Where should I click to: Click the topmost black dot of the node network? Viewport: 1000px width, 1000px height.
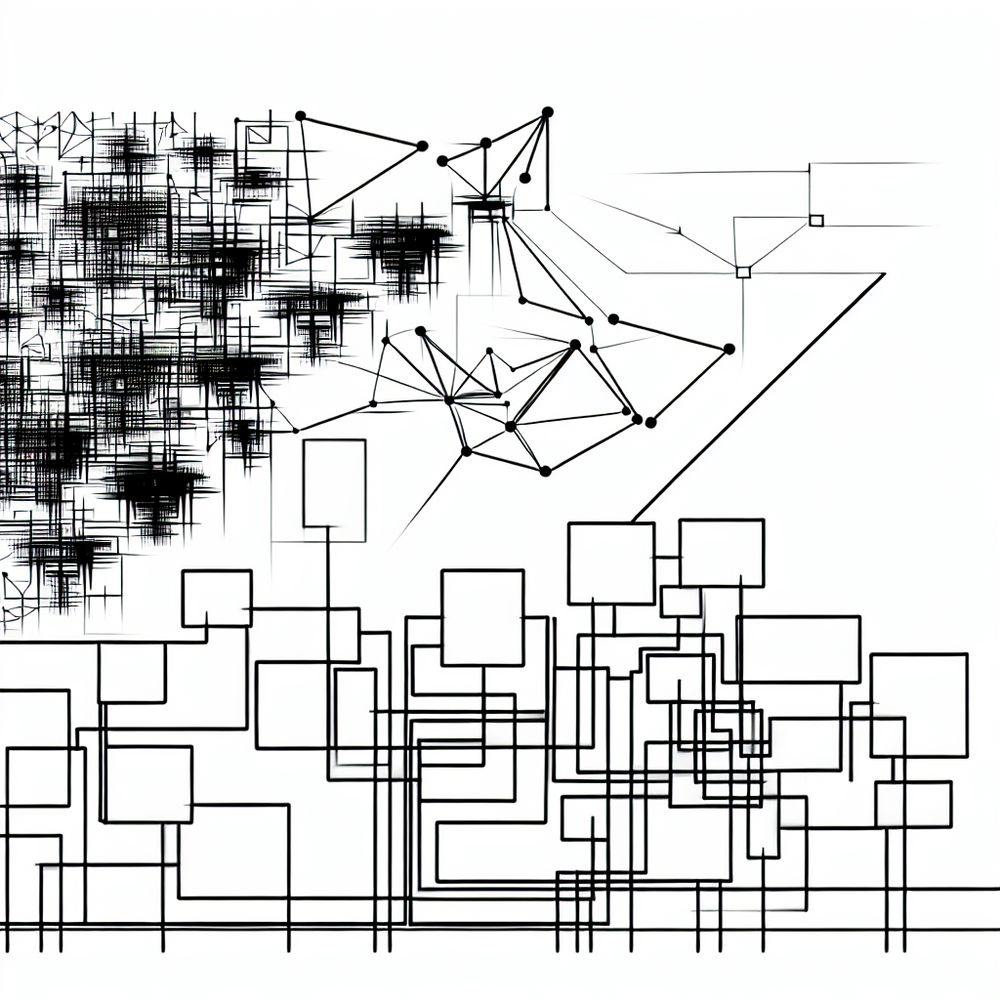point(547,111)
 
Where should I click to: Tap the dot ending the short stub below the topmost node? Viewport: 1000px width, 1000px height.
point(524,178)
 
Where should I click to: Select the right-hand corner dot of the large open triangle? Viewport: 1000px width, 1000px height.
point(422,146)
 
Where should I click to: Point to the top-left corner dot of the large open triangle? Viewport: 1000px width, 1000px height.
point(300,116)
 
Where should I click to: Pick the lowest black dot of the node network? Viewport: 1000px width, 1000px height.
point(545,472)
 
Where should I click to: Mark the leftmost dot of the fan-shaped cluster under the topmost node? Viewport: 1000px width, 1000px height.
point(442,160)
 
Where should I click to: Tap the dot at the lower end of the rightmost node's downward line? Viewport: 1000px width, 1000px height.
point(650,422)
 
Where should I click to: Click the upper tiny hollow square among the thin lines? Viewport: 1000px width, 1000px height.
point(816,220)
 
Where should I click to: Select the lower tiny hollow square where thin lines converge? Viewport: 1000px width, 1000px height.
point(743,271)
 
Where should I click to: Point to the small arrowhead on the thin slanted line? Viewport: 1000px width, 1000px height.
point(676,231)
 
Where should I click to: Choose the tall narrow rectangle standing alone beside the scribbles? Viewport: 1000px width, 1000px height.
point(334,484)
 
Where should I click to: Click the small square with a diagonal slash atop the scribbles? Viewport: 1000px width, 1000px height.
point(258,135)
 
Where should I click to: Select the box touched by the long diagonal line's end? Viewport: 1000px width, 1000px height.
point(610,563)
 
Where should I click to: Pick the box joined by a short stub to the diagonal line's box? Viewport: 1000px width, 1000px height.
point(722,553)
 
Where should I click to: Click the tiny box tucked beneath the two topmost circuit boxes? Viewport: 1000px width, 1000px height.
point(680,602)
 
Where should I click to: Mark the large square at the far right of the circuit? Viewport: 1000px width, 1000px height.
point(918,705)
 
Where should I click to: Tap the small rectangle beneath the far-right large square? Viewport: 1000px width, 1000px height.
point(913,805)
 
